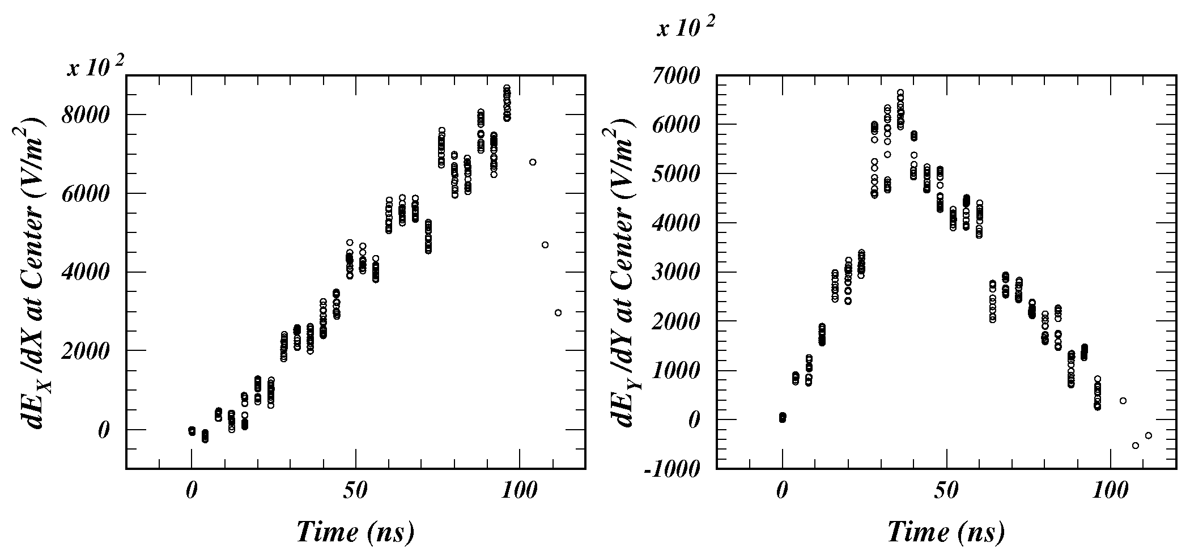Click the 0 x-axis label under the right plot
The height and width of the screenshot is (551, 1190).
click(782, 491)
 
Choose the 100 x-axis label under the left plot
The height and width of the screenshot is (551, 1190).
click(518, 491)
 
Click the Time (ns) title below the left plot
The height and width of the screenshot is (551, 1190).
click(355, 531)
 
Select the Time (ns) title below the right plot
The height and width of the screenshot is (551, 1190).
click(945, 531)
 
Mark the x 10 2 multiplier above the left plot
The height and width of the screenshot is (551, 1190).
click(95, 67)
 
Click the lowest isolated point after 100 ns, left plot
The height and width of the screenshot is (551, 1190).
click(558, 312)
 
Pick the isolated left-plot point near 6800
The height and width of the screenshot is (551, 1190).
click(533, 162)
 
